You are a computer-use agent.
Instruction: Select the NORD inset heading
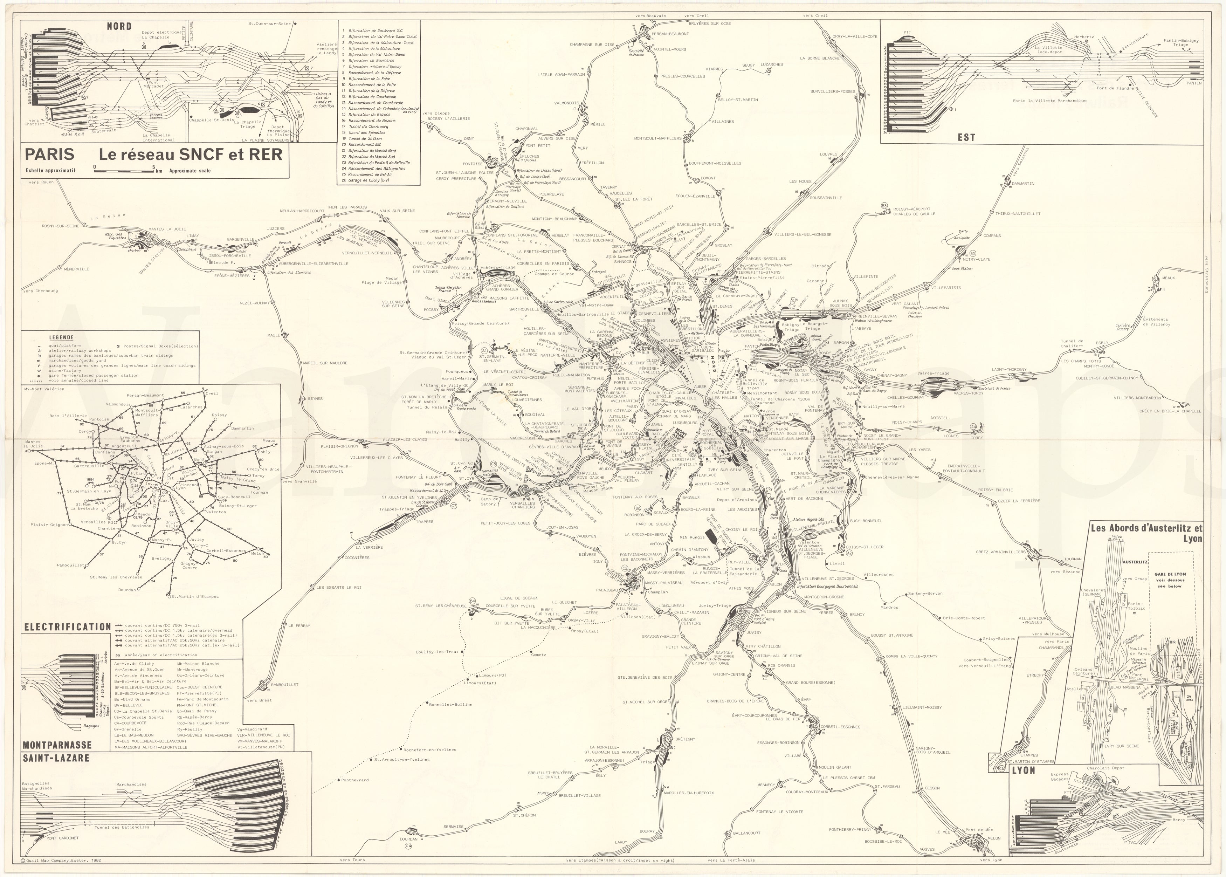click(119, 26)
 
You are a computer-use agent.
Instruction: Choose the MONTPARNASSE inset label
click(57, 745)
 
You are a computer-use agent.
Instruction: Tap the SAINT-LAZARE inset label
click(56, 758)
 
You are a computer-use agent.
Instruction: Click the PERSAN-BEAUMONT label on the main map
click(670, 34)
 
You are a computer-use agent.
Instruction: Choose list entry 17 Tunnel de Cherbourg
click(367, 126)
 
